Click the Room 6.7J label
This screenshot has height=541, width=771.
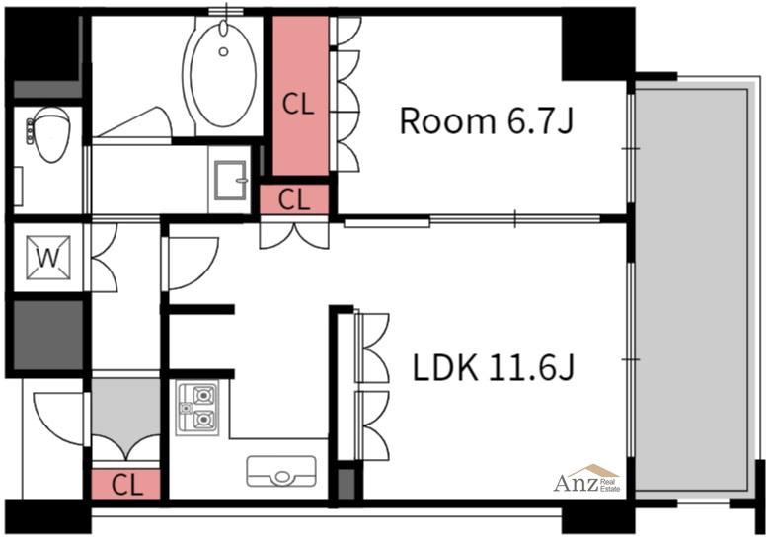pyautogui.click(x=487, y=121)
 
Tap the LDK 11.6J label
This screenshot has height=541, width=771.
pyautogui.click(x=493, y=368)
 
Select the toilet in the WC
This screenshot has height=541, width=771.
pyautogui.click(x=50, y=134)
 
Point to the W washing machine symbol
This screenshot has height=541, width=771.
pyautogui.click(x=48, y=258)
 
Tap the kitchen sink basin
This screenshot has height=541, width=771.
pyautogui.click(x=281, y=471)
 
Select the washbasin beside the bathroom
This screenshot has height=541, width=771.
pyautogui.click(x=230, y=180)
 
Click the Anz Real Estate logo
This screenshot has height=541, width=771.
pyautogui.click(x=587, y=479)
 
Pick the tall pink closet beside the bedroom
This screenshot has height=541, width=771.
pyautogui.click(x=300, y=96)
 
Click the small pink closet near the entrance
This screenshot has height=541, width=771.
pyautogui.click(x=126, y=484)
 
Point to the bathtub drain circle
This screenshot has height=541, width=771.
pyautogui.click(x=224, y=51)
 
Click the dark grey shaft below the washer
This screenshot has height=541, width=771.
pyautogui.click(x=48, y=335)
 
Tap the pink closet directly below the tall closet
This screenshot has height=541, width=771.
pyautogui.click(x=294, y=199)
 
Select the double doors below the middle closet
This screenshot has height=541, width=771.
pyautogui.click(x=294, y=236)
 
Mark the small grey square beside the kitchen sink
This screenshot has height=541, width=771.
pyautogui.click(x=347, y=484)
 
